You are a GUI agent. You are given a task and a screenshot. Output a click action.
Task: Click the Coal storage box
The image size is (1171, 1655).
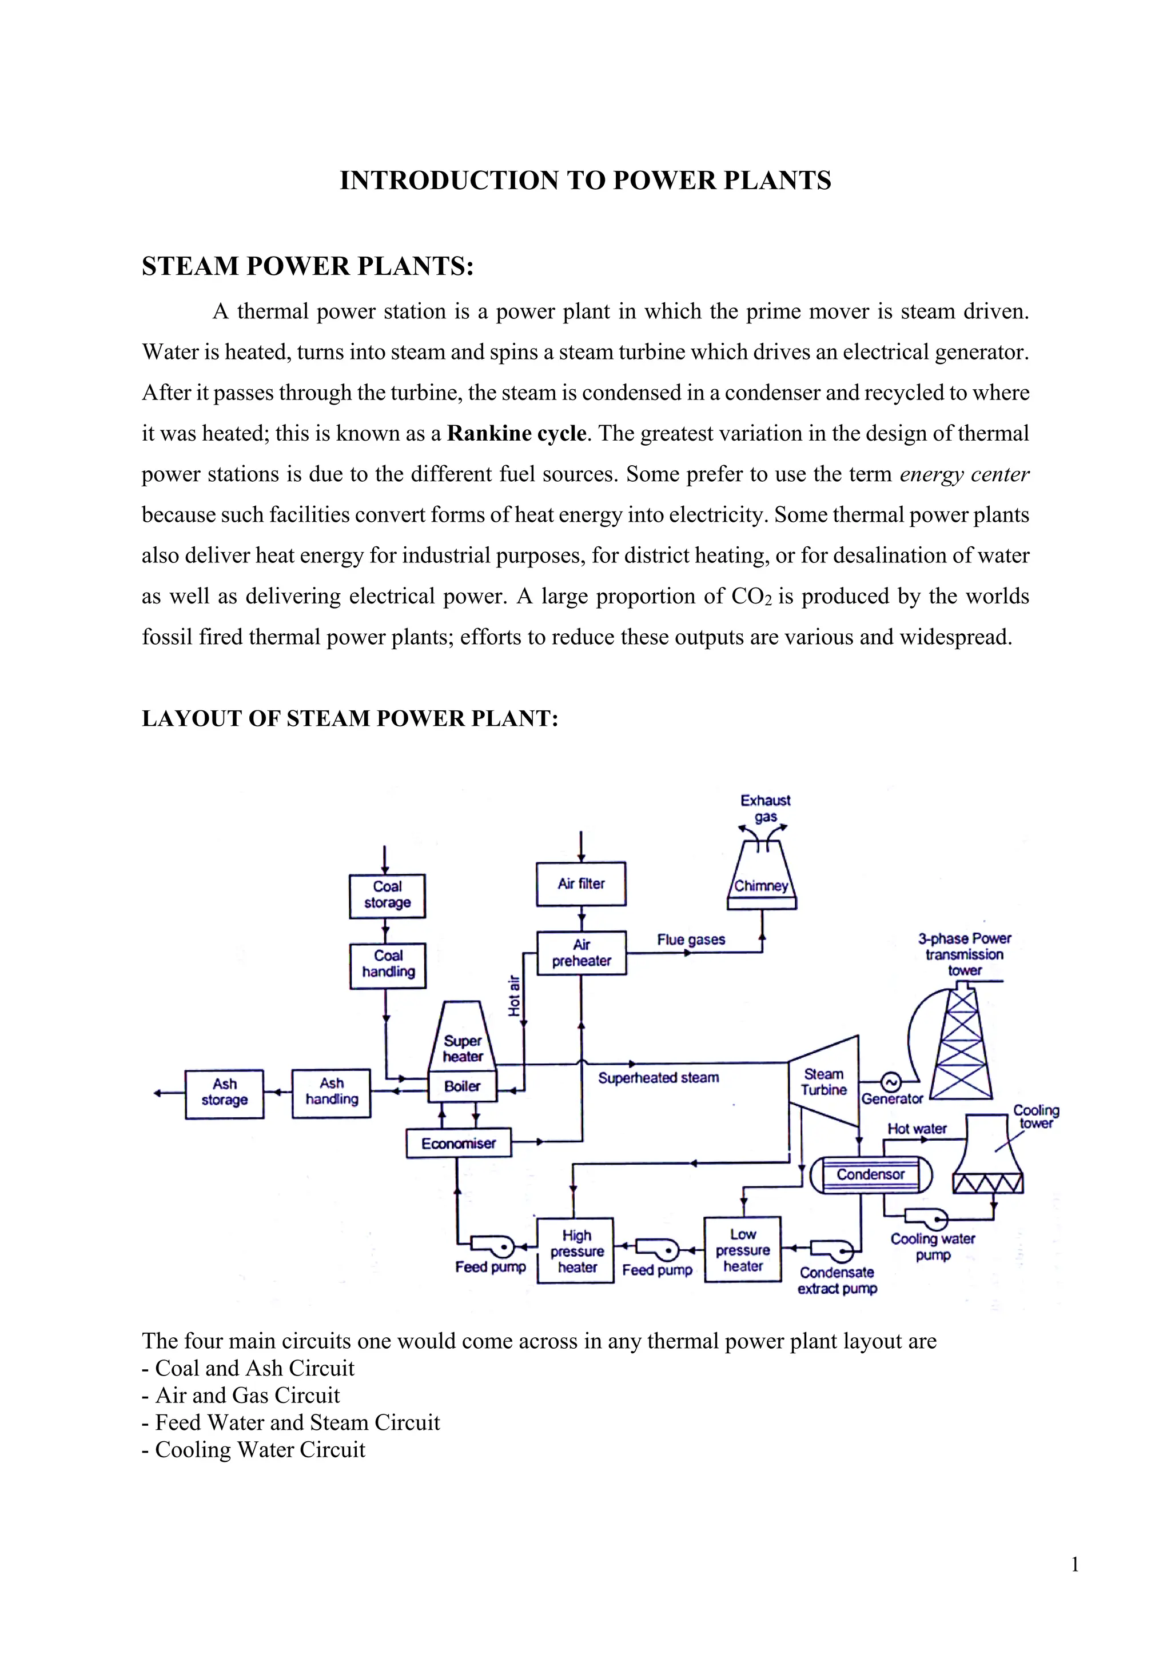pos(387,896)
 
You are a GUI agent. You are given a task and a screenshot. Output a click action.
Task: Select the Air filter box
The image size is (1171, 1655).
pos(581,884)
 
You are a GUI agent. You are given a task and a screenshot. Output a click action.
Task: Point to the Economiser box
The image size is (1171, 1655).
pos(459,1143)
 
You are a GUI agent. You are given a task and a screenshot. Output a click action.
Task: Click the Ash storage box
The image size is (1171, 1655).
pos(224,1093)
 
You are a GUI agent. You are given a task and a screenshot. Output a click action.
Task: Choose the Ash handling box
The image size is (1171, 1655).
pos(331,1093)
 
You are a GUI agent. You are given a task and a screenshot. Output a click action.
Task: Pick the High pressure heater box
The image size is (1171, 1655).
pos(576,1252)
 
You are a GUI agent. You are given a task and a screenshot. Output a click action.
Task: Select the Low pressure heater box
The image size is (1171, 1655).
pos(743,1250)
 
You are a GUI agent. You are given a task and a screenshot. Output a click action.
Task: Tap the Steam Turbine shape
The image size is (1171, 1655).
pos(824,1082)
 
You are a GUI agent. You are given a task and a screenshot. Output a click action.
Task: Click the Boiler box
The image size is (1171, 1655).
pos(462,1086)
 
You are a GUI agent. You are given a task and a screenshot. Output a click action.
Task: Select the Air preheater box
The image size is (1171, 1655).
pos(581,953)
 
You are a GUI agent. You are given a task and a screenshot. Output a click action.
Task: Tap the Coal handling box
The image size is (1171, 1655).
pos(388,965)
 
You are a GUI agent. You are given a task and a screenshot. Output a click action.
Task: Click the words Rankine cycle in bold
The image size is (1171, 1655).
pos(516,433)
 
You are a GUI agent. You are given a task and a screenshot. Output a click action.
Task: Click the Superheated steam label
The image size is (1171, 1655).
pos(658,1078)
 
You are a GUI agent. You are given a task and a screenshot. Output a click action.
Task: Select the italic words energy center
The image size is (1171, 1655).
pos(964,474)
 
